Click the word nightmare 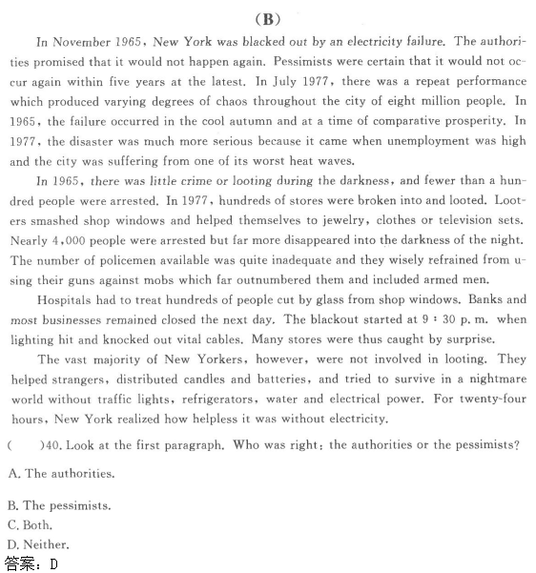tap(490, 379)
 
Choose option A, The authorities tap(60, 473)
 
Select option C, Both tap(30, 525)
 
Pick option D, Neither tap(38, 544)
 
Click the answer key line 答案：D tap(31, 563)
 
